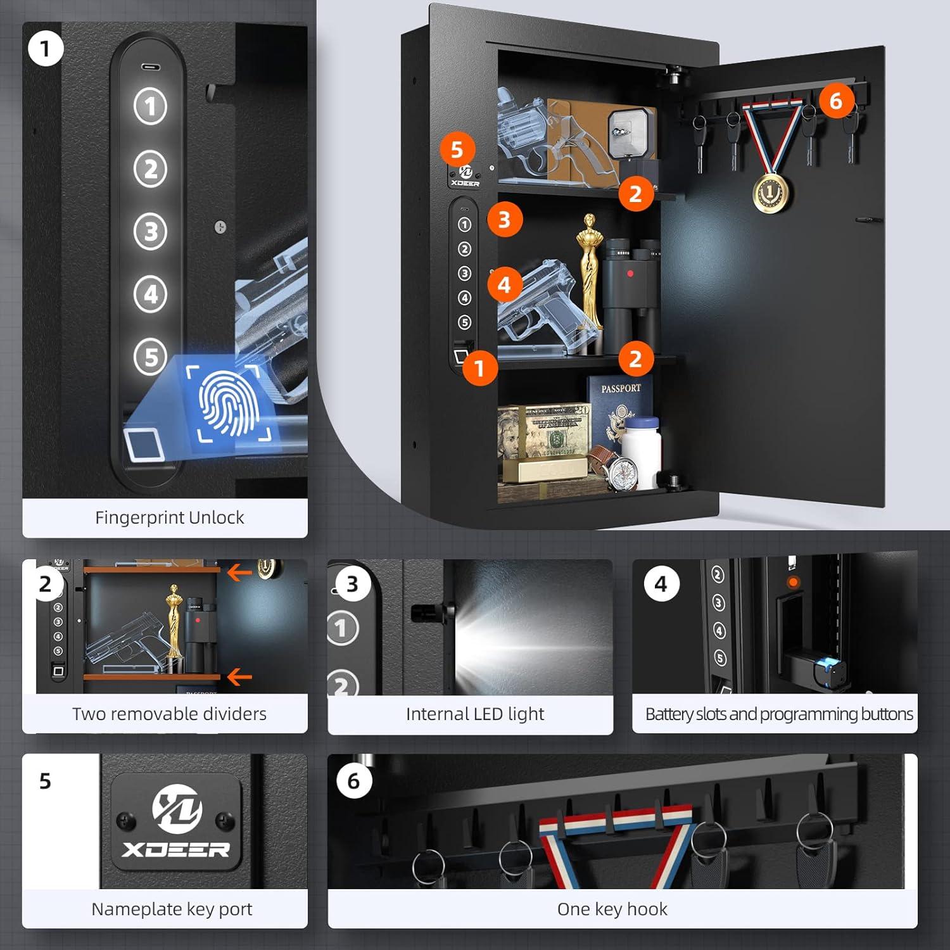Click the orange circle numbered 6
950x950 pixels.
coord(835,100)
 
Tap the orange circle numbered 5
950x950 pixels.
coord(457,149)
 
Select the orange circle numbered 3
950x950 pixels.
coord(504,219)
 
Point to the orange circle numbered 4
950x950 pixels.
coord(504,284)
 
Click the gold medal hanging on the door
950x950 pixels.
coord(771,191)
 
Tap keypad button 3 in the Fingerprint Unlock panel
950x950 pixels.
coord(151,231)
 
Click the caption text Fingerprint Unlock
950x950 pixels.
coord(169,517)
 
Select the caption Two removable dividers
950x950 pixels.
coord(169,714)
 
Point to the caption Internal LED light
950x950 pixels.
coord(475,714)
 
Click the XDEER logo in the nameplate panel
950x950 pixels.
coord(177,821)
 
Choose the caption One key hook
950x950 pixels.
coord(612,909)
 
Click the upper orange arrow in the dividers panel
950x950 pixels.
coord(239,573)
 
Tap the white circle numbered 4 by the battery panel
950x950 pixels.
coord(661,584)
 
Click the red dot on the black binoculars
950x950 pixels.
coord(630,274)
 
